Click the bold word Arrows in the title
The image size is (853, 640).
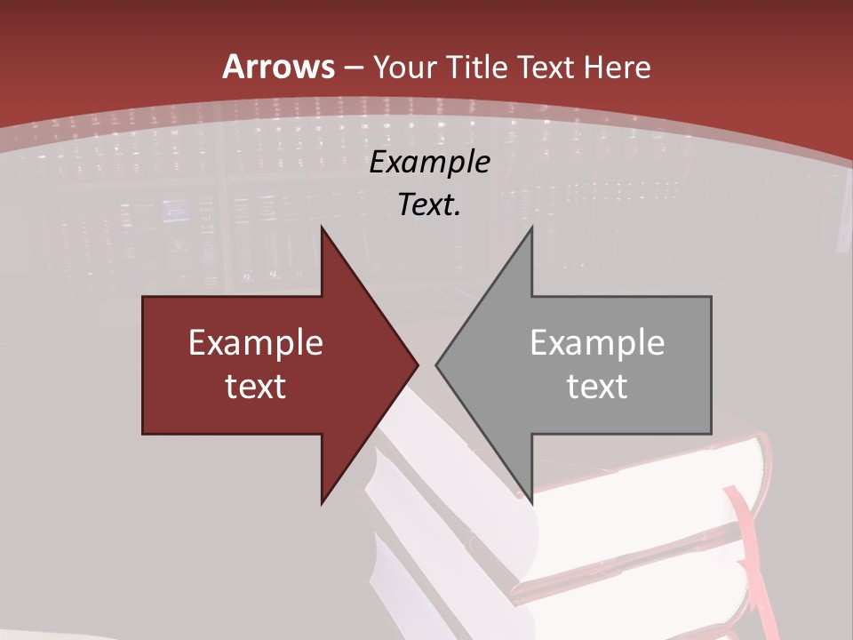[x=278, y=67]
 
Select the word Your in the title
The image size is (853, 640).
[x=403, y=67]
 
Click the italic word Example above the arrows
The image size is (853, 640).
[x=429, y=163]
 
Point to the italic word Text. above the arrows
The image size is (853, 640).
[x=429, y=204]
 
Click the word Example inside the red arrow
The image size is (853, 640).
[x=256, y=343]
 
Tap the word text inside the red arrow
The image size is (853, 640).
[x=256, y=387]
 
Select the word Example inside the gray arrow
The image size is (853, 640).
[x=597, y=343]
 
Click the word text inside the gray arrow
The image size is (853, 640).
[x=597, y=387]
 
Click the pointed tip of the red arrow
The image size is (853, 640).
[x=417, y=364]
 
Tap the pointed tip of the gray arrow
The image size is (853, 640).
[x=437, y=364]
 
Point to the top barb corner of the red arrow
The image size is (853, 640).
[x=322, y=228]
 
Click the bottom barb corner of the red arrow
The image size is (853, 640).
[x=322, y=502]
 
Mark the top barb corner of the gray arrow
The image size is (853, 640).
[x=531, y=228]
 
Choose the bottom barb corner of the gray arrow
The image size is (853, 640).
[x=531, y=502]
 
